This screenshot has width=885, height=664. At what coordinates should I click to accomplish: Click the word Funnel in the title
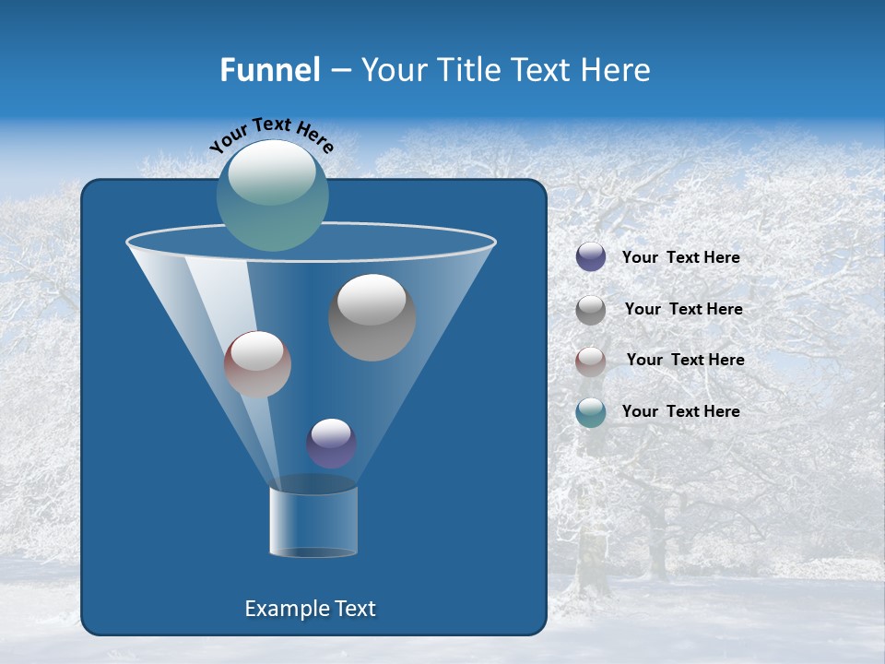click(x=269, y=70)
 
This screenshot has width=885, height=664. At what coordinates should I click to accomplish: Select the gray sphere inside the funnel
click(x=372, y=317)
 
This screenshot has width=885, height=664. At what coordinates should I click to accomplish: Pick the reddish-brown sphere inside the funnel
click(x=257, y=365)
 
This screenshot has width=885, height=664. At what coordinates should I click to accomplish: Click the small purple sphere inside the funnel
click(x=331, y=443)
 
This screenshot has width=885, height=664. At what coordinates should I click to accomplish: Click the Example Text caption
click(x=310, y=609)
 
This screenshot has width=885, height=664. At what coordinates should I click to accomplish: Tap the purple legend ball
click(x=591, y=257)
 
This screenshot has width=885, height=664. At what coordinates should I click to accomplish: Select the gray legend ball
click(x=591, y=310)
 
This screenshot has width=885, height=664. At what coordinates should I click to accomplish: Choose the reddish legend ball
click(x=591, y=361)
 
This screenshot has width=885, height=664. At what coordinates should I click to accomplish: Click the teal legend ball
click(x=591, y=412)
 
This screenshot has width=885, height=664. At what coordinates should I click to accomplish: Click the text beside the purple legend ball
click(x=680, y=258)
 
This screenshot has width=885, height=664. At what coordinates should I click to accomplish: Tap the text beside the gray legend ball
click(x=683, y=310)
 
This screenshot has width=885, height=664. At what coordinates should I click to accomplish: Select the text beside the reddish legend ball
click(x=685, y=361)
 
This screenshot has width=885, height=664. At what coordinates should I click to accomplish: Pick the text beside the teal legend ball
click(x=680, y=412)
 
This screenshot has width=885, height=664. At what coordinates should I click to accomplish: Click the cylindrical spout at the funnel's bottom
click(x=313, y=521)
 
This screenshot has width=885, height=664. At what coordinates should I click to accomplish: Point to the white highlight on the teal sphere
click(x=272, y=172)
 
